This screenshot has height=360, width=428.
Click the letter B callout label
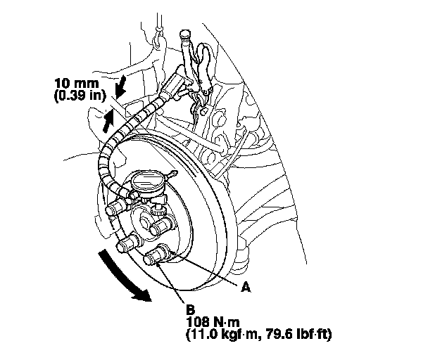point(190,308)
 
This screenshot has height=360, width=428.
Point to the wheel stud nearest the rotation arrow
point(127,244)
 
